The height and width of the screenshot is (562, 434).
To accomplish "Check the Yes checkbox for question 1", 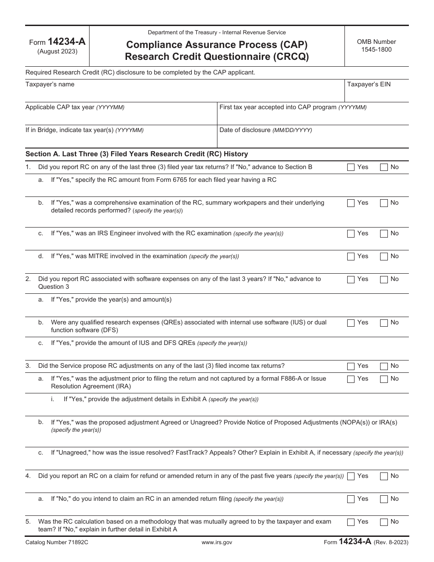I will coord(351,167).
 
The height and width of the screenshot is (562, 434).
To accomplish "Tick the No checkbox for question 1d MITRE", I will coord(384,256).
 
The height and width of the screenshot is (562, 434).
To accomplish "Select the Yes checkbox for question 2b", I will coord(351,323).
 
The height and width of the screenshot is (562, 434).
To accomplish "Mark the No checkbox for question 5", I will coord(384,522).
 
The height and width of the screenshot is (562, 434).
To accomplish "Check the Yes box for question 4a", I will coord(351,499).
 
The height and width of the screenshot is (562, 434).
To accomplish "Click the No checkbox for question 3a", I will coord(384,379).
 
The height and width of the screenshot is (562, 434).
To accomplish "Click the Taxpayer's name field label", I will coord(50,85).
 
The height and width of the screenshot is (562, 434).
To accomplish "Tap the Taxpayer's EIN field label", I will coord(369,85).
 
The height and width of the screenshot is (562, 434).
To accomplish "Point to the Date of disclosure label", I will coord(265,130).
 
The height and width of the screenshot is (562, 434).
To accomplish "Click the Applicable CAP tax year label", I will coord(74,107).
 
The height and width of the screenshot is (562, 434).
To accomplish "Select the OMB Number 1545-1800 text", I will coord(376,46).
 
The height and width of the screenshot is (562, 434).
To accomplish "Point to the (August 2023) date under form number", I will coord(57,51).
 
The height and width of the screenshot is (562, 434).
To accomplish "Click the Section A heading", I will coord(137,154).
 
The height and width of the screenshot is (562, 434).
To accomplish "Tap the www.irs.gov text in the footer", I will coord(217,542).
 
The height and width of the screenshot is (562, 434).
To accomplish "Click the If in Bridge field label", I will coord(84,130).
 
